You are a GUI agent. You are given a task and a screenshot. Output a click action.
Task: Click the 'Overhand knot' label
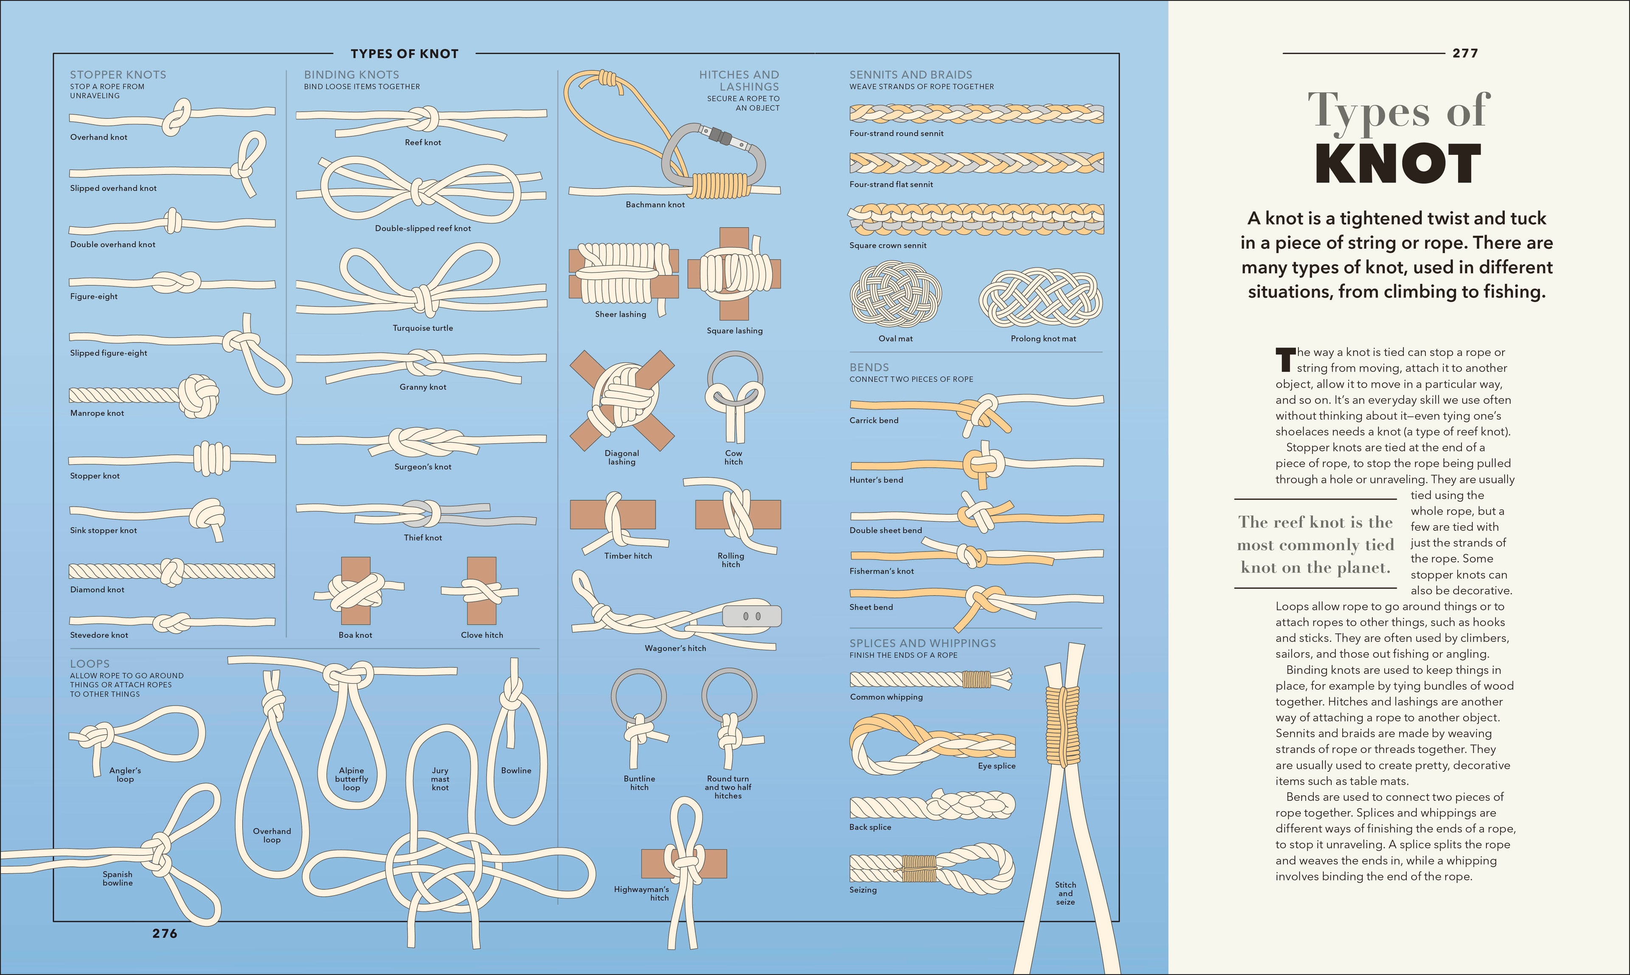coord(98,137)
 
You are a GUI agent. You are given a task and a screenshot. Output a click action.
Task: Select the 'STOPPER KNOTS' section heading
coord(118,75)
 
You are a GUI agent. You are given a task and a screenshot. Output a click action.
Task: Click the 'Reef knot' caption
coord(423,143)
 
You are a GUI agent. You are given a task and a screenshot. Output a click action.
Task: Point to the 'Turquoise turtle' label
coord(423,328)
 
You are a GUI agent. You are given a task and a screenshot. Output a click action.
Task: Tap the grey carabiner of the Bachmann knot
coord(677,158)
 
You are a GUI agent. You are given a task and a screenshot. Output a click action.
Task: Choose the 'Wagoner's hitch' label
coord(675,648)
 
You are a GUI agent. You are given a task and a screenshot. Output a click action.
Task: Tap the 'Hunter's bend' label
coord(876,480)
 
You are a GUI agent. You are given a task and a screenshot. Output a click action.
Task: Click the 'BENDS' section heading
coord(869,367)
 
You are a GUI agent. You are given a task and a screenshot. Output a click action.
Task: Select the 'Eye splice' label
coord(996,766)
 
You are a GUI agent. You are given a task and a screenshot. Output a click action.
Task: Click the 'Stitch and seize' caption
coord(1065,894)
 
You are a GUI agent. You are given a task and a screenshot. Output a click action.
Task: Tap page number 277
coord(1465,53)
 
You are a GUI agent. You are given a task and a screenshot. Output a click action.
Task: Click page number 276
coord(164,933)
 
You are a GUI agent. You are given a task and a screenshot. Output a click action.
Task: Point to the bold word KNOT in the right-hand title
coord(1398,164)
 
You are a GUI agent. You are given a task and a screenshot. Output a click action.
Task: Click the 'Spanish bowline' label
coord(118,878)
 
